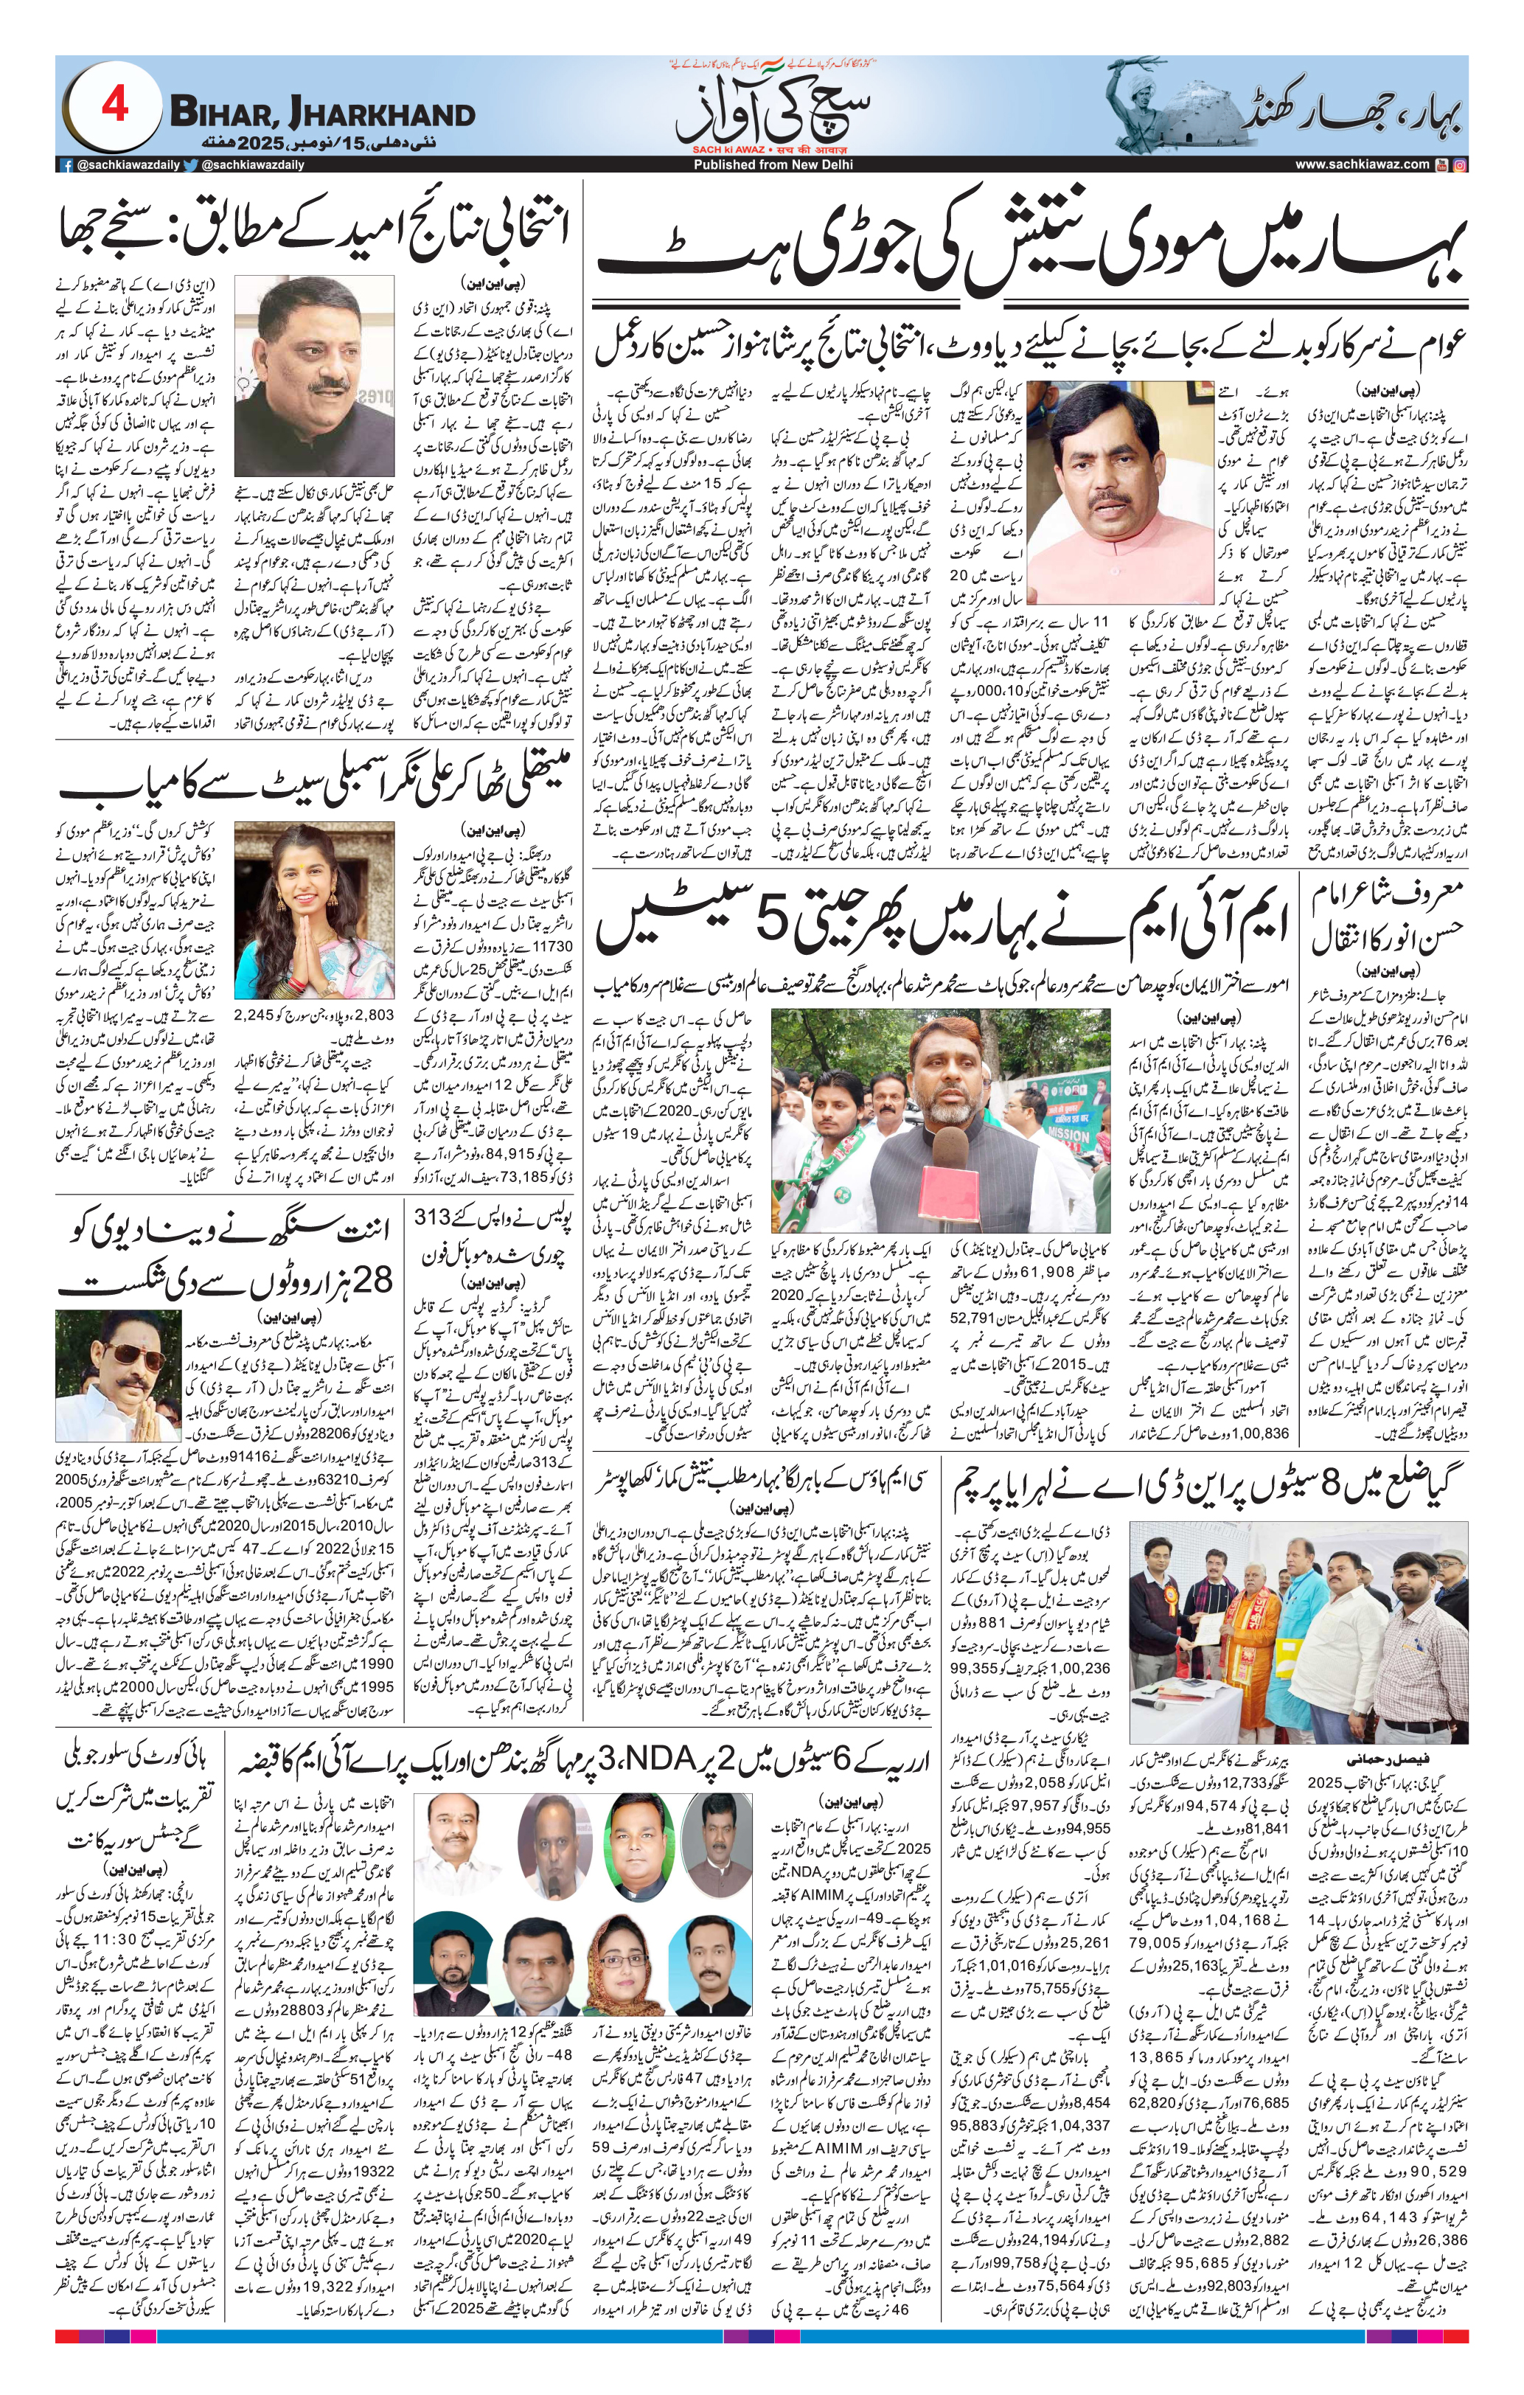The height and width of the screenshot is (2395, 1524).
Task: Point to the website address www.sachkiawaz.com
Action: point(1362,164)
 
